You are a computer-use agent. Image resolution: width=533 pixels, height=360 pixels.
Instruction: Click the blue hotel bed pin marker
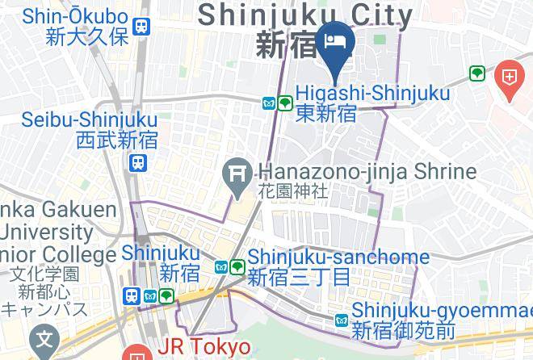(334, 41)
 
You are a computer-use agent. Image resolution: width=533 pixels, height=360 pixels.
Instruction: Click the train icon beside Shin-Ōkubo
(143, 27)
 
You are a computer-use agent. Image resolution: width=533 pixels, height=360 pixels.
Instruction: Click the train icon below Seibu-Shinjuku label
(138, 163)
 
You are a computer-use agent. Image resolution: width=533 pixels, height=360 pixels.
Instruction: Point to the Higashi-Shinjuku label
(372, 94)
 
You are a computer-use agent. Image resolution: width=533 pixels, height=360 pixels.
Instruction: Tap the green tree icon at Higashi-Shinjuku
(285, 103)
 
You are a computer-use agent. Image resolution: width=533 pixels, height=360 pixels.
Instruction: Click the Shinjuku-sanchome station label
(338, 257)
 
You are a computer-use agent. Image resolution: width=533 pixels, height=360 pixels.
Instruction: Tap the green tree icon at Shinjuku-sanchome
(237, 266)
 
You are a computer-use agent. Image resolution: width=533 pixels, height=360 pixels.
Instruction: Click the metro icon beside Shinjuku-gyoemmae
(342, 321)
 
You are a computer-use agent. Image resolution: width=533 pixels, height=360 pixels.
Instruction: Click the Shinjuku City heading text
(305, 15)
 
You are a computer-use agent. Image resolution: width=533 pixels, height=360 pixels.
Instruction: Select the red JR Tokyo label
(204, 346)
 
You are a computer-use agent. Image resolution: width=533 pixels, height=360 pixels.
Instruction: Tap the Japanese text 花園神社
(293, 191)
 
